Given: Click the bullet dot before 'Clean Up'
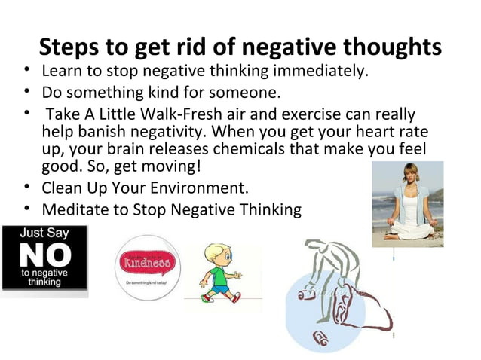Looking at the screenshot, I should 27,186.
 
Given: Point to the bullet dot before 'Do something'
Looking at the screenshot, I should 27,93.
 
